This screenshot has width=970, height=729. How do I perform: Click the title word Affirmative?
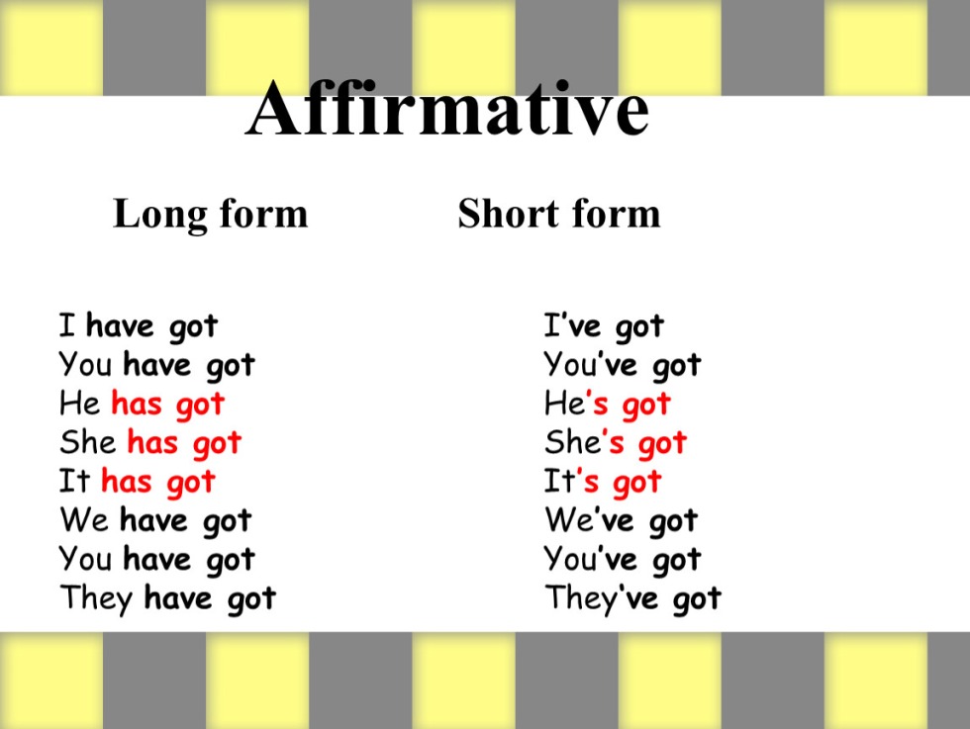click(x=446, y=108)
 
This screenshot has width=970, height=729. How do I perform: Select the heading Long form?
click(x=210, y=215)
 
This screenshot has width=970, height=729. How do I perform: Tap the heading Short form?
click(x=559, y=214)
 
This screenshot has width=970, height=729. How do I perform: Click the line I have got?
click(x=139, y=326)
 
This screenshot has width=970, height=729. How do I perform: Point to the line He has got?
click(x=142, y=405)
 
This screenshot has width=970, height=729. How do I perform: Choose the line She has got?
click(x=150, y=443)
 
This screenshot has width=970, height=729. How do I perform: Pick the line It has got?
click(x=137, y=483)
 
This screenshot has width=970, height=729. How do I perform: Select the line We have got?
click(x=156, y=521)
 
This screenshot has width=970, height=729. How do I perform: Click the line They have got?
click(x=167, y=598)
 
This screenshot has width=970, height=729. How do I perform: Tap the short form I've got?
click(x=605, y=326)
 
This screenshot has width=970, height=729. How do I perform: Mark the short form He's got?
click(x=608, y=405)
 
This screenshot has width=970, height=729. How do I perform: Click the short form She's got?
click(x=616, y=443)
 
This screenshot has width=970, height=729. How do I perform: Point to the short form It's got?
click(x=603, y=483)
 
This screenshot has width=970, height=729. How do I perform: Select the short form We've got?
click(x=622, y=521)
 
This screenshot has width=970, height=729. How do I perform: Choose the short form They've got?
click(x=633, y=598)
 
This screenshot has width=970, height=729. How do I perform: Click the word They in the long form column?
click(x=97, y=598)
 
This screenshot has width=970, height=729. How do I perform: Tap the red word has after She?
click(x=152, y=443)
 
